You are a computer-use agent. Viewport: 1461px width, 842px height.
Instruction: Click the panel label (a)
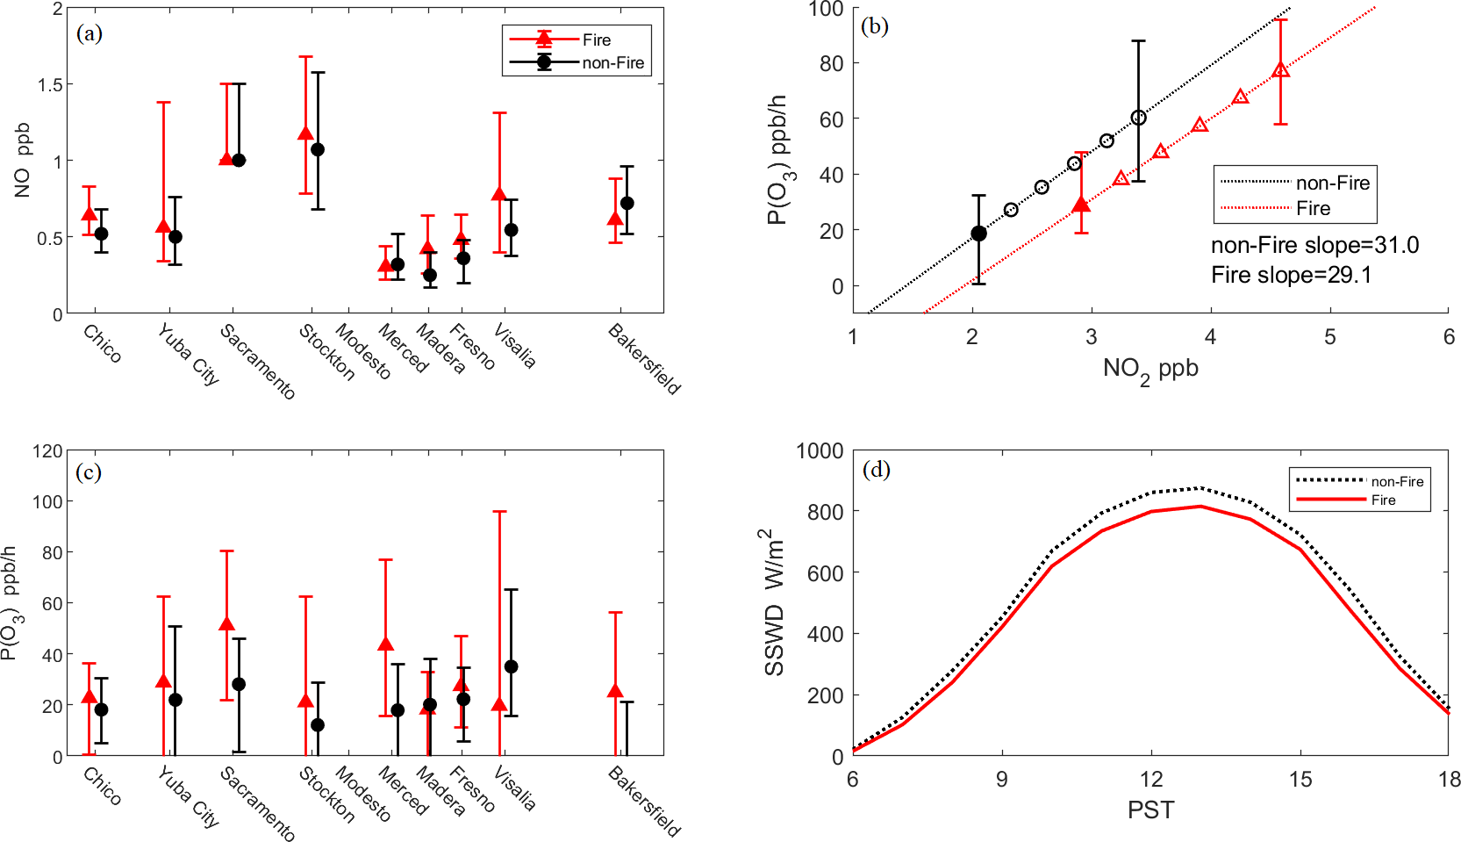[90, 33]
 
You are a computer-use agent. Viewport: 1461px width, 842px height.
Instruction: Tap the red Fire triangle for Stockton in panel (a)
[305, 134]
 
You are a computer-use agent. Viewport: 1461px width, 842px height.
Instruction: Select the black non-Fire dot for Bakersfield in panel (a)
[627, 203]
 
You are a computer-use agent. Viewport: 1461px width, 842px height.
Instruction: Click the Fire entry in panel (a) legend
[596, 40]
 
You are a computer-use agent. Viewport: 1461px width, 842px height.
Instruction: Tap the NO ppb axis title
[22, 160]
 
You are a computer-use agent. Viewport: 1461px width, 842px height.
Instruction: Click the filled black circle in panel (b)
[978, 234]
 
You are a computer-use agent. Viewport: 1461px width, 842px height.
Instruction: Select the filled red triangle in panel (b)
[1081, 205]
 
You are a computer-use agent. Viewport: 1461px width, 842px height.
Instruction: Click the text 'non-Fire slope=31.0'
[1314, 245]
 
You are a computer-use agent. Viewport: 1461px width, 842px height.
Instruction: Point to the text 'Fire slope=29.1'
[1291, 275]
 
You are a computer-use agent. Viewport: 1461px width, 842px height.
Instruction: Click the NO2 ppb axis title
[1150, 370]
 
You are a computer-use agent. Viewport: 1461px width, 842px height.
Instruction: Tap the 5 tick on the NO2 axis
[1329, 337]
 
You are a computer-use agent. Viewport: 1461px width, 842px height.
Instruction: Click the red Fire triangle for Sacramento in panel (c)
[226, 624]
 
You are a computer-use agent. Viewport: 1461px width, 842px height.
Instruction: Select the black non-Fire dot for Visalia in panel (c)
[511, 666]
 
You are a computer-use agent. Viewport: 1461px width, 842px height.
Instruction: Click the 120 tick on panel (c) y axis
[47, 451]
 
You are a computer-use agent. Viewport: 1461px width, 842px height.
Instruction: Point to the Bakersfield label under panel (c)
[644, 801]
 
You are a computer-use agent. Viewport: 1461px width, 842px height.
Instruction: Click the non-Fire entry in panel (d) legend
[1397, 481]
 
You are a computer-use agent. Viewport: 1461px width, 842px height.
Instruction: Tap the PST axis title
[1150, 810]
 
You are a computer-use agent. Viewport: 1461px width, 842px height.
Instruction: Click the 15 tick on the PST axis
[1300, 780]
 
